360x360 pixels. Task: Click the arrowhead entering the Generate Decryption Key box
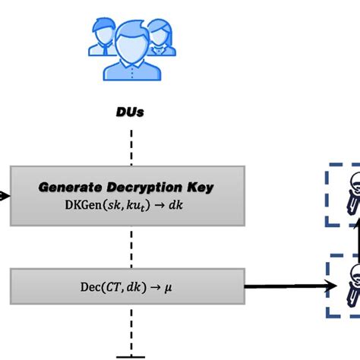(x=5, y=195)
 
